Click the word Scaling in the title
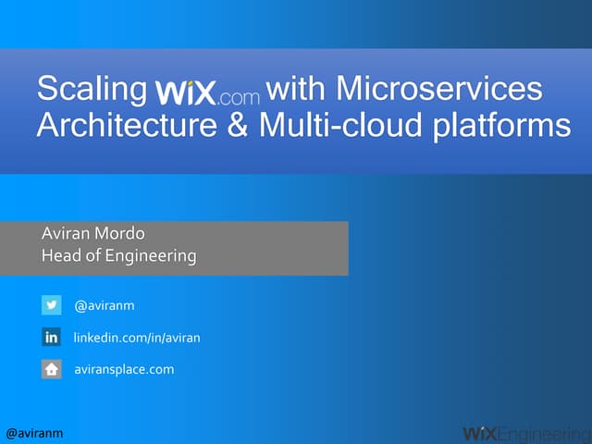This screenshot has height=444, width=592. tap(92, 90)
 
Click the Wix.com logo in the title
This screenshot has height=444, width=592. tap(208, 92)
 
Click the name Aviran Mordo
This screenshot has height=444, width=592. tap(93, 233)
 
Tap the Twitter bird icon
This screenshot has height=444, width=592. tap(52, 305)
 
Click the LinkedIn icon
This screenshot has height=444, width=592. tap(52, 338)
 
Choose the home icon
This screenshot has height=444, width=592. tap(52, 369)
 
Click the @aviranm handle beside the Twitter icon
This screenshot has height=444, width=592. tap(105, 305)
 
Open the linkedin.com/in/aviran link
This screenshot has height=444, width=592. tap(137, 338)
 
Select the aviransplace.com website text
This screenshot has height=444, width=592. tap(124, 369)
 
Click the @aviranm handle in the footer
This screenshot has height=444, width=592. tap(34, 433)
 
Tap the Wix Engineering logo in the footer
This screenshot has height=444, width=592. tap(525, 432)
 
